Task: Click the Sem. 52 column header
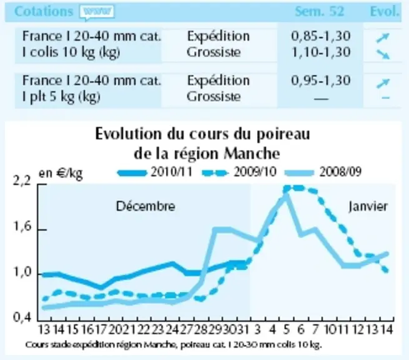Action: click(319, 11)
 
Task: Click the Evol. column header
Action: click(385, 11)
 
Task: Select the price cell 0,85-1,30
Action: click(320, 36)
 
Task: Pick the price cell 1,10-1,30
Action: click(320, 52)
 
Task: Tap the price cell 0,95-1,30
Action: click(320, 81)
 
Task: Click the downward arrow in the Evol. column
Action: click(383, 54)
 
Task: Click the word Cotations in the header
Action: click(44, 11)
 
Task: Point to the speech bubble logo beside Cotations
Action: click(97, 12)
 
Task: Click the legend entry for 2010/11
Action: click(155, 172)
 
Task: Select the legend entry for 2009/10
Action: click(239, 172)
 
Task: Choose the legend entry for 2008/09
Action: click(323, 172)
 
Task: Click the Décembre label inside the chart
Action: click(145, 206)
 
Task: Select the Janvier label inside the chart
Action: click(368, 207)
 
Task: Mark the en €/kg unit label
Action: click(61, 173)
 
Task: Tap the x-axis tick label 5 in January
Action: click(286, 330)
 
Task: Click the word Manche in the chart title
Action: click(252, 154)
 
